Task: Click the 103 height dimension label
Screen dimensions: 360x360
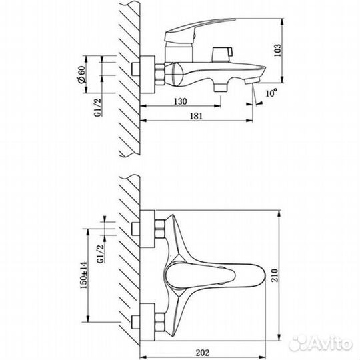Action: [x=277, y=50]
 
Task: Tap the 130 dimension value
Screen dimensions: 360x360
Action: [x=180, y=101]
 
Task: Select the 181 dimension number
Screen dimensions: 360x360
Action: [x=196, y=116]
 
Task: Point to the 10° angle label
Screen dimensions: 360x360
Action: [x=271, y=93]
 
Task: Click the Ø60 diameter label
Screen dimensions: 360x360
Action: [x=81, y=74]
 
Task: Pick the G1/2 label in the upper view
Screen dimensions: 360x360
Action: [x=98, y=107]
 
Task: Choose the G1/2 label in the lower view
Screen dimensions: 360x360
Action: [x=101, y=254]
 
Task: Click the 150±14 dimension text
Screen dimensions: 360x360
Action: [x=83, y=275]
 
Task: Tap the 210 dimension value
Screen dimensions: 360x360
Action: [x=275, y=275]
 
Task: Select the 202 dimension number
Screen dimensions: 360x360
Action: [x=203, y=353]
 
